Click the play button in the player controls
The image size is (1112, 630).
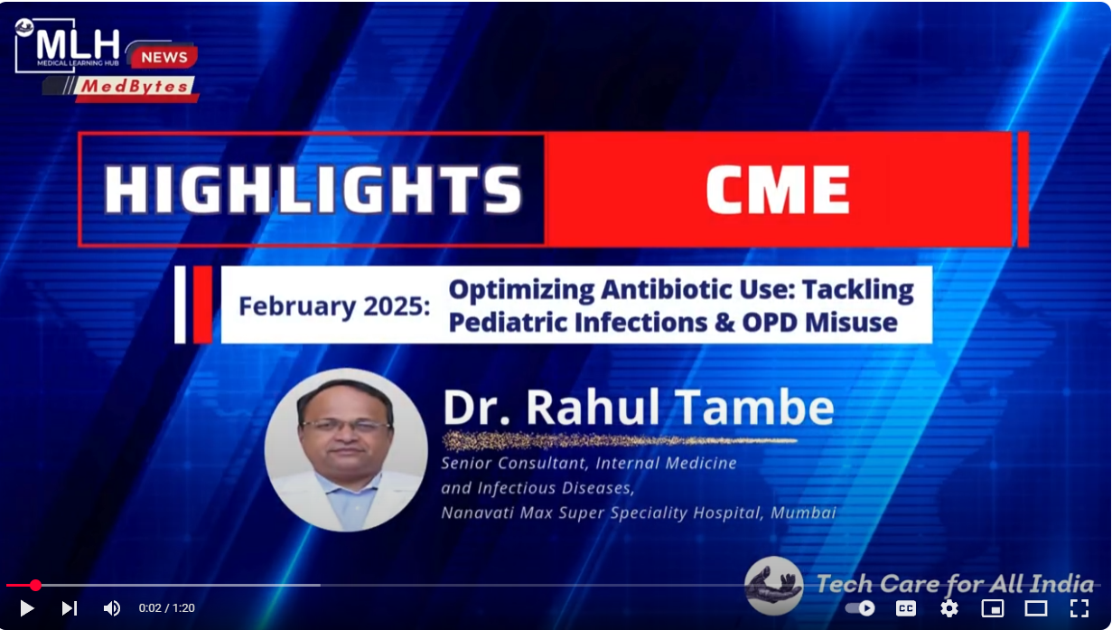pyautogui.click(x=27, y=608)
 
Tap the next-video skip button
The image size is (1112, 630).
pyautogui.click(x=70, y=608)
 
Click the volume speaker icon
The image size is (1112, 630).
pyautogui.click(x=112, y=608)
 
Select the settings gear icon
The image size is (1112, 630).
pyautogui.click(x=949, y=608)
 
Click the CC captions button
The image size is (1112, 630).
pyautogui.click(x=906, y=608)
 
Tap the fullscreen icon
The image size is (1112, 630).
pyautogui.click(x=1079, y=608)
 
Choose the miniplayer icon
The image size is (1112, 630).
pyautogui.click(x=993, y=608)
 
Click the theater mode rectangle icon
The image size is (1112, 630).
pyautogui.click(x=1036, y=608)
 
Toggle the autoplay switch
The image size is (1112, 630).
pyautogui.click(x=860, y=608)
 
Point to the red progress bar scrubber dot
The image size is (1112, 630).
pyautogui.click(x=35, y=586)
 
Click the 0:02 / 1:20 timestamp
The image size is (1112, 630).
pyautogui.click(x=167, y=608)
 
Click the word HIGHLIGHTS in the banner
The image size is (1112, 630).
pyautogui.click(x=313, y=189)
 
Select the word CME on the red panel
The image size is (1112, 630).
pyautogui.click(x=778, y=189)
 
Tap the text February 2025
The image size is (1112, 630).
pyautogui.click(x=334, y=306)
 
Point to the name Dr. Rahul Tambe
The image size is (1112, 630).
pyautogui.click(x=639, y=408)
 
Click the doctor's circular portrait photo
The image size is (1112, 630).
pyautogui.click(x=346, y=450)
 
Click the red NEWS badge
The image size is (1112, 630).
pyautogui.click(x=164, y=57)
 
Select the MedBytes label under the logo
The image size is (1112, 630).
pyautogui.click(x=134, y=87)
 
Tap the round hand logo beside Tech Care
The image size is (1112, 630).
pyautogui.click(x=773, y=586)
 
